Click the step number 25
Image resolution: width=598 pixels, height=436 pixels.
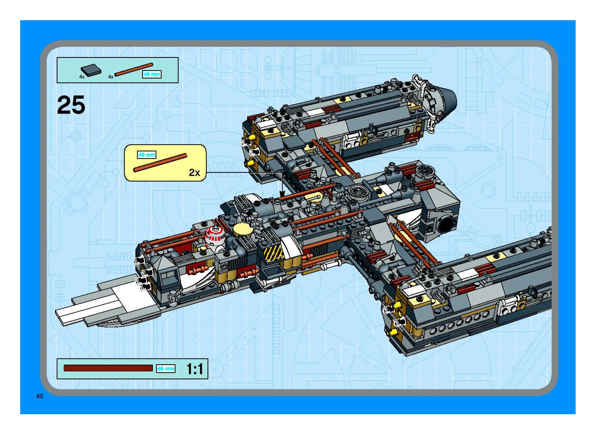point(71,105)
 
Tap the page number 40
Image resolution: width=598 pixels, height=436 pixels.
point(40,396)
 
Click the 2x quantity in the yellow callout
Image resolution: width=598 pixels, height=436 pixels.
point(194,173)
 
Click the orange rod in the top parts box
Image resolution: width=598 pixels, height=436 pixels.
point(134,69)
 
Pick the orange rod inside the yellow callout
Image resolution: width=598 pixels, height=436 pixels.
point(160,163)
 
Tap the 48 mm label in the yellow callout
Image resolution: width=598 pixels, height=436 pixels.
point(147,155)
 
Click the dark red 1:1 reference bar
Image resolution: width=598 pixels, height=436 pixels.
point(108,368)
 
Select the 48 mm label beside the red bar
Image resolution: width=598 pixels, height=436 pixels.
point(165,368)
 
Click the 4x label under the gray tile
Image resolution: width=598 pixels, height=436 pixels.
point(82,77)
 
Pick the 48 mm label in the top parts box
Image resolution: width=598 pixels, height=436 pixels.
point(152,75)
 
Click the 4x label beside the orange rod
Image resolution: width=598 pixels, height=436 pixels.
point(111,77)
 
